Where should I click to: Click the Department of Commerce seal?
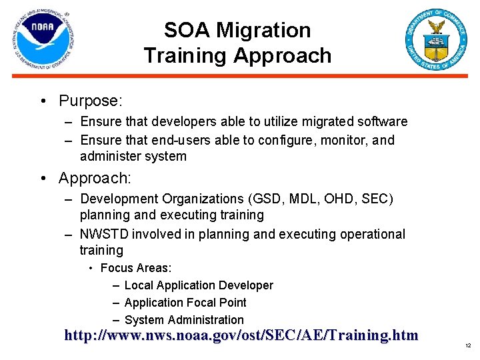pyautogui.click(x=437, y=40)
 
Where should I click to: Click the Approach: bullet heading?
pyautogui.click(x=95, y=178)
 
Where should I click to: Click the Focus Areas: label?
pyautogui.click(x=136, y=268)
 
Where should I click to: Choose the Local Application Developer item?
pyautogui.click(x=199, y=285)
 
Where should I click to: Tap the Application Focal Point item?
pyautogui.click(x=185, y=303)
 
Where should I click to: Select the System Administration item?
pyautogui.click(x=184, y=320)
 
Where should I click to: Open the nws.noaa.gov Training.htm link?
pyautogui.click(x=241, y=335)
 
